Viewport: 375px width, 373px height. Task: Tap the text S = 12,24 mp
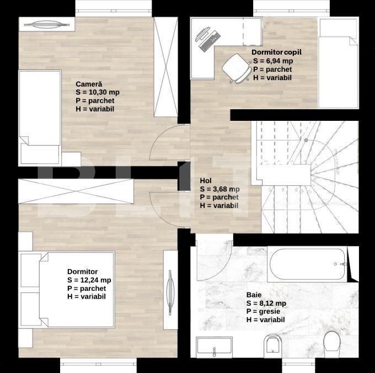pos(89,280)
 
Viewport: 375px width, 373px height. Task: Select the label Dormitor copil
pos(277,52)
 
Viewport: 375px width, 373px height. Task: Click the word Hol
pos(206,180)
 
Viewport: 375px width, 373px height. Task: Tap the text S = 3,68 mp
pos(220,189)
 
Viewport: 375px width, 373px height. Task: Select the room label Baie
pos(254,295)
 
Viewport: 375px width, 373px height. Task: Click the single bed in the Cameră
pos(40,116)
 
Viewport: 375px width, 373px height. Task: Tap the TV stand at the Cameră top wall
pos(46,24)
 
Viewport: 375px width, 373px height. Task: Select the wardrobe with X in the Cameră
pos(165,66)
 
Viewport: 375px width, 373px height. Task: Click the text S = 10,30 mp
pos(98,93)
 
